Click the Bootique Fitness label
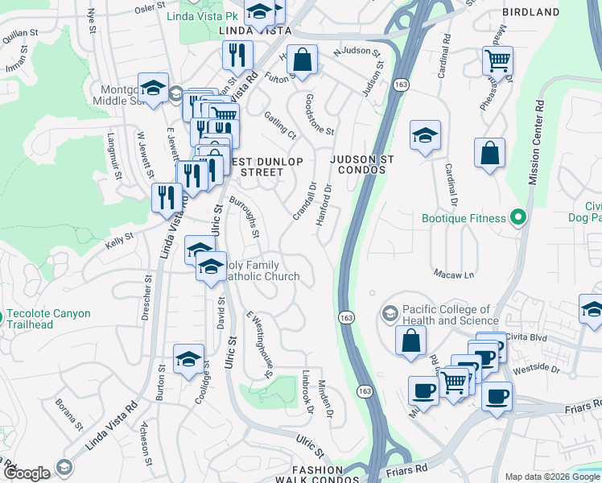pyautogui.click(x=464, y=218)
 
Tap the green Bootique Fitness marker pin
pyautogui.click(x=518, y=217)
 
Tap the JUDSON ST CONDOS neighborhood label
pyautogui.click(x=361, y=165)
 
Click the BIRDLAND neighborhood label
pyautogui.click(x=530, y=12)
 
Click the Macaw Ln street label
pyautogui.click(x=453, y=275)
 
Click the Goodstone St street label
pyautogui.click(x=320, y=114)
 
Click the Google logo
pyautogui.click(x=27, y=473)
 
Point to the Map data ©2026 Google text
pyautogui.click(x=546, y=477)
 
